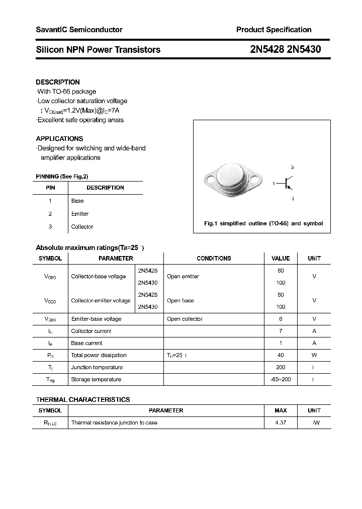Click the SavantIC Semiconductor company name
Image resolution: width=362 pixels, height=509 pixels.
(x=79, y=30)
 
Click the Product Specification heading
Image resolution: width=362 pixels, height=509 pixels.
(x=274, y=30)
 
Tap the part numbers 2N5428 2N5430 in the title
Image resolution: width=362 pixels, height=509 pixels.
(x=285, y=49)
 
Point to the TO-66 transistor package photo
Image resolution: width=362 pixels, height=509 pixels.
(x=233, y=179)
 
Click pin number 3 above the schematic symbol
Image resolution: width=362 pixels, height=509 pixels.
(x=292, y=167)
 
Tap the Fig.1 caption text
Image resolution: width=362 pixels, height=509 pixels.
(x=263, y=223)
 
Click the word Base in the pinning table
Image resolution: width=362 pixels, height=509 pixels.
(x=77, y=201)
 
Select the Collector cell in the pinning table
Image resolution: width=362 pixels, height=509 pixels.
(x=82, y=227)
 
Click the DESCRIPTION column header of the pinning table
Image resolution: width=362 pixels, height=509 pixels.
(x=105, y=188)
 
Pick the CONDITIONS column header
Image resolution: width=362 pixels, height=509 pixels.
(x=214, y=258)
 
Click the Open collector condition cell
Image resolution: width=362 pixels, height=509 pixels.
(x=185, y=319)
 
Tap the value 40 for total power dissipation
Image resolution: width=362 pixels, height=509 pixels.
(x=281, y=355)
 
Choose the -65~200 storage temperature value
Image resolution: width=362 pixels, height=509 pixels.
(x=281, y=379)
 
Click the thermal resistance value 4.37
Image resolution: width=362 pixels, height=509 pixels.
(x=281, y=422)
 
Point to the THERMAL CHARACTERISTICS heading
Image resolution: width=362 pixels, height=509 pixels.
(x=83, y=399)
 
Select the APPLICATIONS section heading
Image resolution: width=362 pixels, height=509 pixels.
(x=59, y=138)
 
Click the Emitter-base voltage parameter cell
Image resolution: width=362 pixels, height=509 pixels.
(x=96, y=319)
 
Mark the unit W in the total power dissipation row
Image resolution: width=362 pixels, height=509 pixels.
(x=314, y=355)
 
